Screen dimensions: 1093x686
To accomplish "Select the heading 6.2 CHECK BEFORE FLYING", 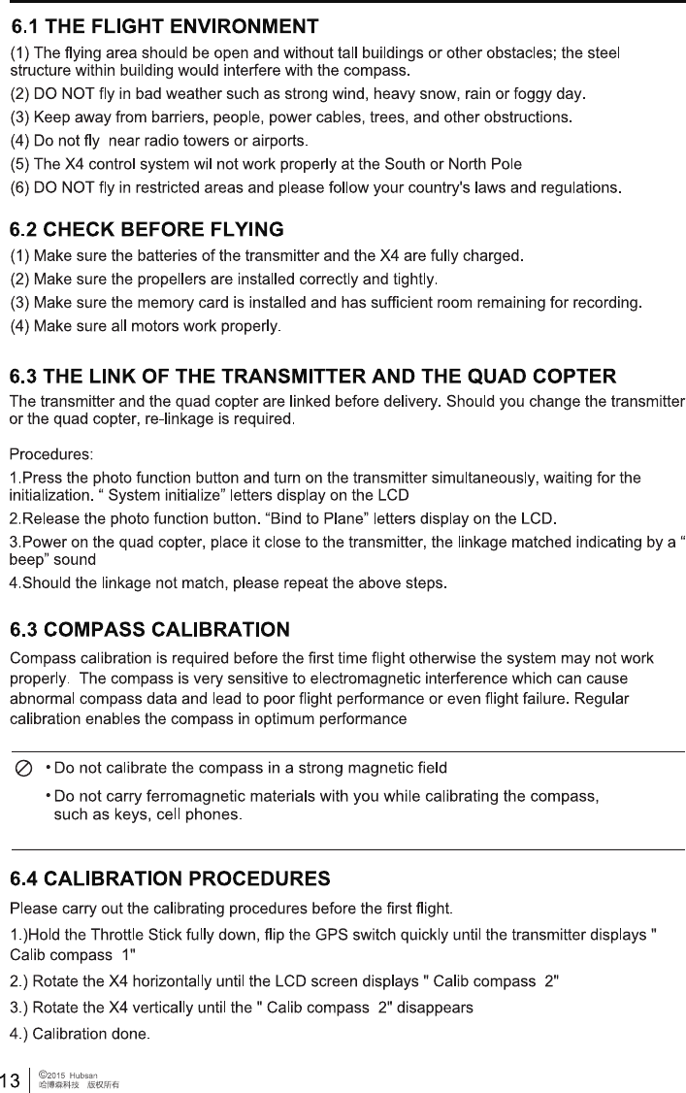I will [147, 230].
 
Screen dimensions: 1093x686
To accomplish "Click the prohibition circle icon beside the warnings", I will [24, 769].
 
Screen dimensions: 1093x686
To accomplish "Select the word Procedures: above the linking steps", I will [51, 453].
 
